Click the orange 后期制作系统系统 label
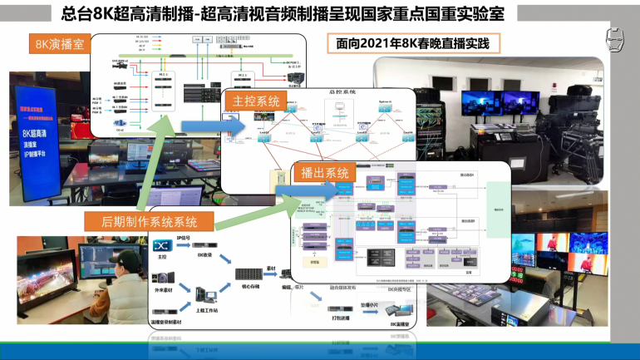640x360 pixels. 150,221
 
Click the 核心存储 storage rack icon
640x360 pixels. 248,274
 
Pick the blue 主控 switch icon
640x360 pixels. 162,246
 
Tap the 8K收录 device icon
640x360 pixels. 206,246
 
